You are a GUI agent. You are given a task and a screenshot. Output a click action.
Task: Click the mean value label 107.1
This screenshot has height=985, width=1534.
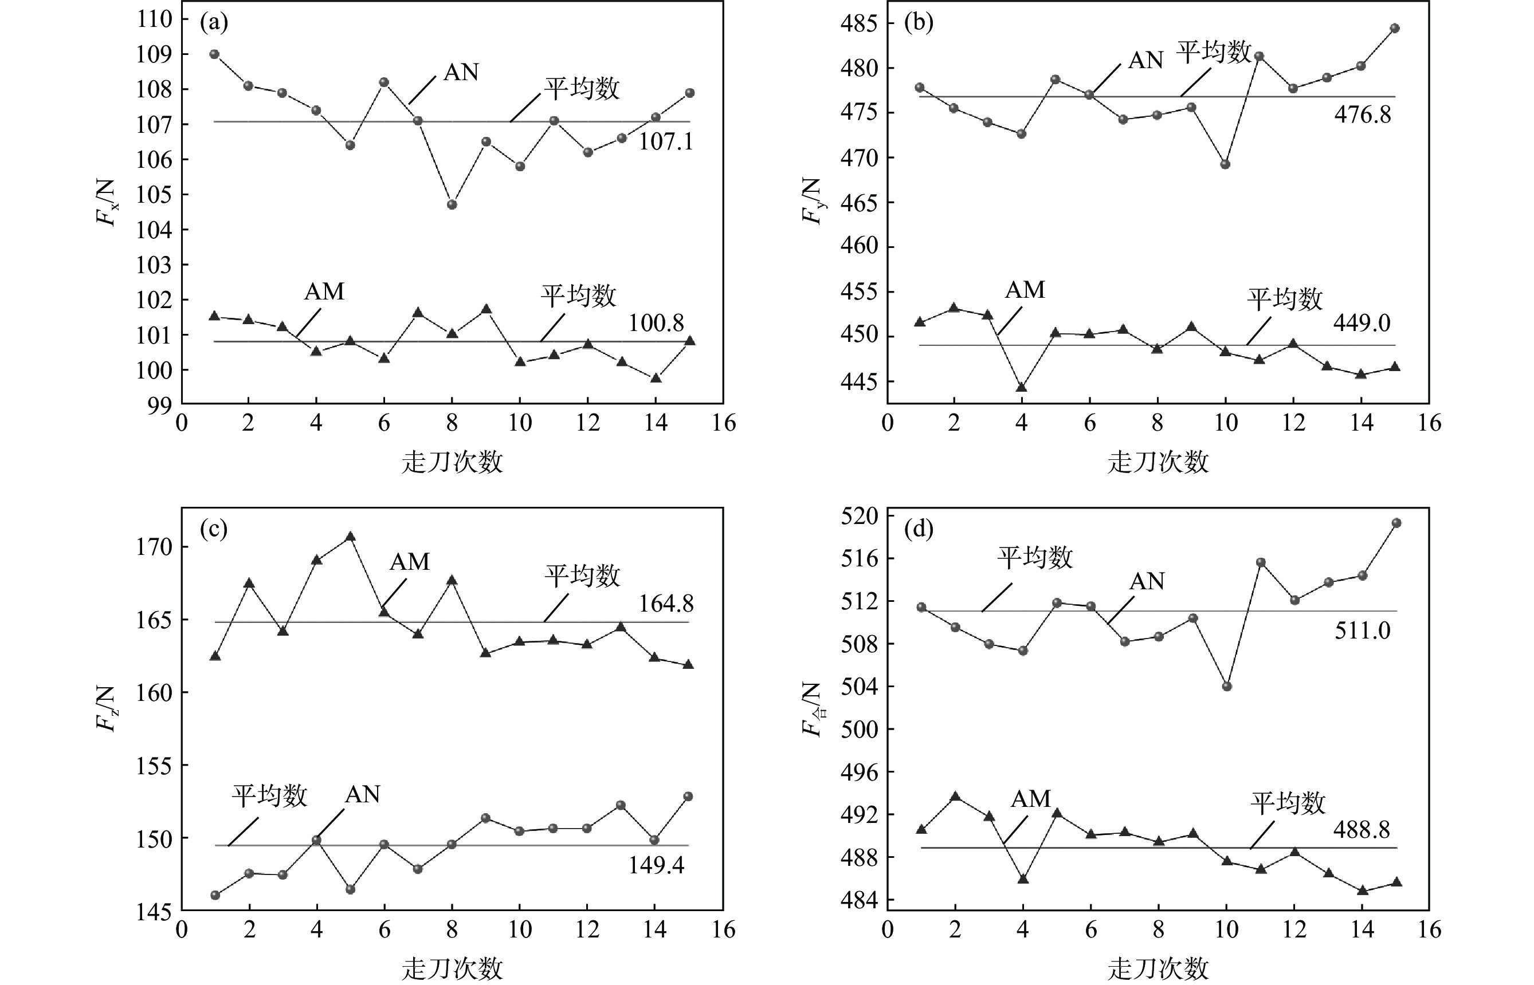pos(665,141)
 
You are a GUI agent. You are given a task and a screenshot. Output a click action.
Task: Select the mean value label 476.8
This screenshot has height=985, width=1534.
pos(1362,115)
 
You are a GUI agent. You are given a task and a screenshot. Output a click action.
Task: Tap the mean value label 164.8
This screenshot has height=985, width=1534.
pos(665,603)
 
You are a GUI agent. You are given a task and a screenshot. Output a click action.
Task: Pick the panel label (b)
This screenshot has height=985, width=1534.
pos(919,22)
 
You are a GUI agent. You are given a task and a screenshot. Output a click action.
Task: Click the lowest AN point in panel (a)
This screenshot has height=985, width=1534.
pos(452,204)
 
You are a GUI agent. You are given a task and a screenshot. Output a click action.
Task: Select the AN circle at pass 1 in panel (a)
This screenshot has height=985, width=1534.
pos(214,54)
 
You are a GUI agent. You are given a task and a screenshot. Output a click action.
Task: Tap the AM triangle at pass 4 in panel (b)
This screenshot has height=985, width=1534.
pos(1021,387)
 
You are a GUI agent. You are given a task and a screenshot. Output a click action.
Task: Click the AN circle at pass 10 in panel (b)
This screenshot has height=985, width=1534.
pos(1225,164)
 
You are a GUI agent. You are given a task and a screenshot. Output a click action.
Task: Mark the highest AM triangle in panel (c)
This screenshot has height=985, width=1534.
pos(350,536)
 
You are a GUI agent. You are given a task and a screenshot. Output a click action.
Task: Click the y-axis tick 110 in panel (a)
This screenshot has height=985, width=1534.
pos(154,19)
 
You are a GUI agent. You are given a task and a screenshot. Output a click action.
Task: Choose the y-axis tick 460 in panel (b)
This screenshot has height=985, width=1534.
pos(860,246)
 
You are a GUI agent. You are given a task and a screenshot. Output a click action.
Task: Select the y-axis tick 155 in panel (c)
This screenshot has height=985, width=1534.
pos(154,766)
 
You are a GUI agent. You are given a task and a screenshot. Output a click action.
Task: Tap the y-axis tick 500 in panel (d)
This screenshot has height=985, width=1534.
pos(860,729)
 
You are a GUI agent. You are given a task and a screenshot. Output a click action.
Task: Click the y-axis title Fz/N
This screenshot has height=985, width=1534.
pos(107,709)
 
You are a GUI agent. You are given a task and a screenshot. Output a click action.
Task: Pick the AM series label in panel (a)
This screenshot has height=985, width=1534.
pos(324,291)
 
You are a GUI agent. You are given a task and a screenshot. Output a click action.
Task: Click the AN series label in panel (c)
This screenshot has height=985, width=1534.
pos(362,794)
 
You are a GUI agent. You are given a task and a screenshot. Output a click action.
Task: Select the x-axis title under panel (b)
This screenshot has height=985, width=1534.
pos(1158,462)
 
